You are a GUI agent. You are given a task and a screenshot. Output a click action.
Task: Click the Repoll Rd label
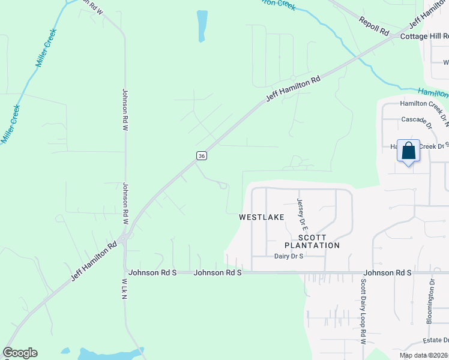coord(374,25)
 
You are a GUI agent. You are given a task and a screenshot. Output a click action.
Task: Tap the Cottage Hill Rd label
coord(424,37)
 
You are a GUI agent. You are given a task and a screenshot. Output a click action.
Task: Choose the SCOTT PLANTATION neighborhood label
coord(312,241)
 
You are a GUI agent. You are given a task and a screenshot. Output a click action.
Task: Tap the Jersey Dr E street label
coord(302,214)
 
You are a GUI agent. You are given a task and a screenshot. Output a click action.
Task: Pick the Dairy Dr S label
coord(289,256)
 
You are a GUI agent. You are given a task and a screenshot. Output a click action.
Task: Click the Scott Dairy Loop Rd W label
coord(364,311)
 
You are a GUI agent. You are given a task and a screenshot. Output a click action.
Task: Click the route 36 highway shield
coord(202,155)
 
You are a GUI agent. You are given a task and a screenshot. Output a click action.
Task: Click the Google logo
coord(20,353)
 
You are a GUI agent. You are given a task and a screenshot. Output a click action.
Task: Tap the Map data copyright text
coord(424,355)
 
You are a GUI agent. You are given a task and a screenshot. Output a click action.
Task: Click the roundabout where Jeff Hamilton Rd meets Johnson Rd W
coord(122,239)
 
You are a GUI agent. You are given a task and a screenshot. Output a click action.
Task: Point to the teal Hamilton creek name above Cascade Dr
coord(432,92)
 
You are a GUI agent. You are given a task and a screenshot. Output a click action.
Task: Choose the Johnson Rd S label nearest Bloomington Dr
coord(388,272)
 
